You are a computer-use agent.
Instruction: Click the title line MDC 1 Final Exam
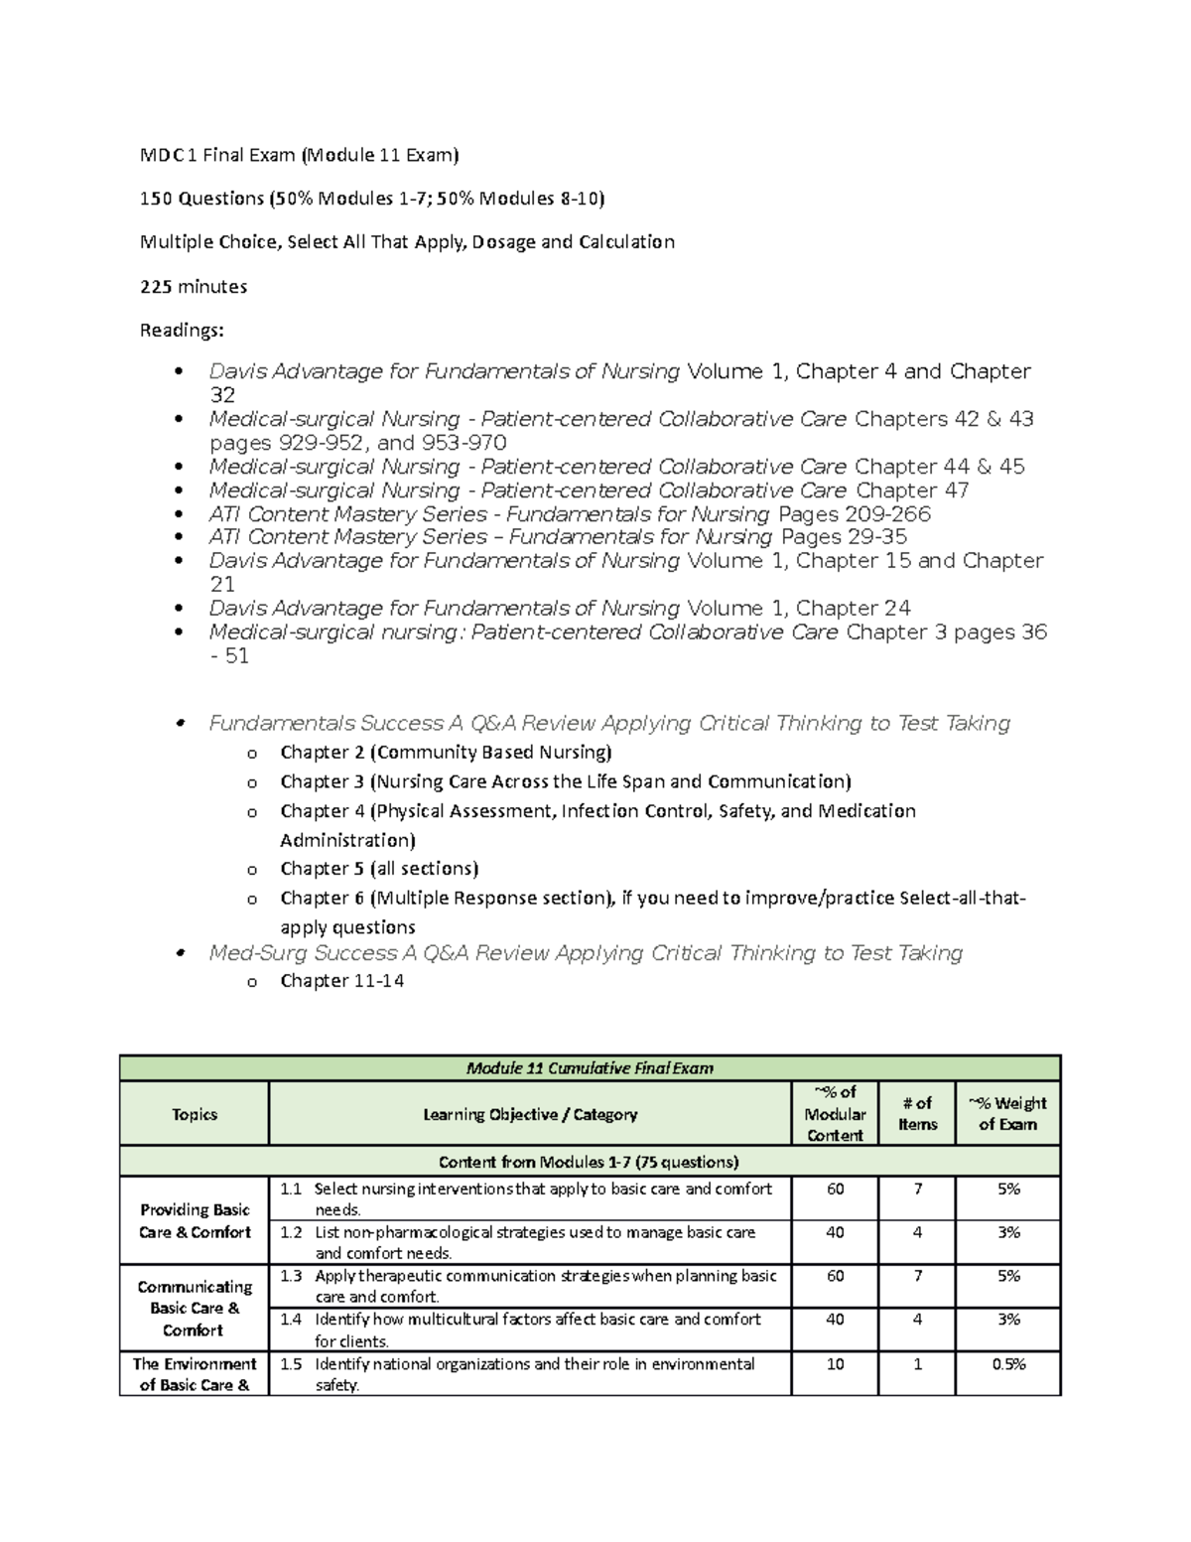coord(299,155)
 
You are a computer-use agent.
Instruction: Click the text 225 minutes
coord(194,287)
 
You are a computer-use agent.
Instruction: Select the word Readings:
coord(182,331)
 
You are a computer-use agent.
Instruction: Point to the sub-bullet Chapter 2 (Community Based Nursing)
coord(446,753)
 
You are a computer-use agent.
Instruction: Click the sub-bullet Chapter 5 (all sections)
coord(379,869)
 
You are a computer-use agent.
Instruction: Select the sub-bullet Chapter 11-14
coord(341,981)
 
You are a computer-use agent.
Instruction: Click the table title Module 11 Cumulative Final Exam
coord(590,1068)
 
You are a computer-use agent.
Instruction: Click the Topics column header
coord(195,1114)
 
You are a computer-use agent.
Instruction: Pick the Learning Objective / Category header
coord(530,1114)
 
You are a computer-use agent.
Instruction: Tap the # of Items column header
coord(917,1114)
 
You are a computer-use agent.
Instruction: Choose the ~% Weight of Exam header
coord(1007,1114)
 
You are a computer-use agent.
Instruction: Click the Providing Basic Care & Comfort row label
coord(195,1220)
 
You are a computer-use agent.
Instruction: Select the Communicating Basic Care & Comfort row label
coord(195,1308)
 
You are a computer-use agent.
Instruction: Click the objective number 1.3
coord(290,1276)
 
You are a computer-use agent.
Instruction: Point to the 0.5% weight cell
coord(1008,1364)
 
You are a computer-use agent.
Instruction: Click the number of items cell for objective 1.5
coord(917,1364)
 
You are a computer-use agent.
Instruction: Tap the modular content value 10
coord(835,1364)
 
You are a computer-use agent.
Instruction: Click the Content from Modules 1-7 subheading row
coord(590,1162)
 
